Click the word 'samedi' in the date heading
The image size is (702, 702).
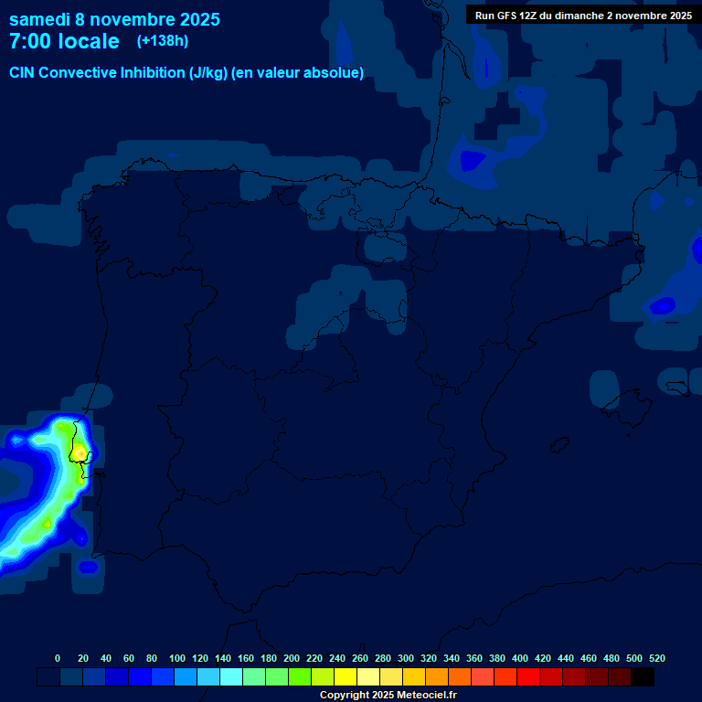click(x=39, y=19)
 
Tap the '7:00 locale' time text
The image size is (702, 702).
click(x=64, y=41)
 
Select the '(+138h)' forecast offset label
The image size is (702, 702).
click(x=163, y=41)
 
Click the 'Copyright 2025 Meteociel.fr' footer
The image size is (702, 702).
click(x=388, y=696)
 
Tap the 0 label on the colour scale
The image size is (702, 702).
click(x=58, y=658)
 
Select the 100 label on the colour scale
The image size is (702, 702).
click(x=177, y=658)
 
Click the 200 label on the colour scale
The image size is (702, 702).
click(x=292, y=658)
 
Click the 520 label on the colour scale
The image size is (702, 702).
click(x=657, y=658)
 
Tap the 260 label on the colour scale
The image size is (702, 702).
click(x=360, y=658)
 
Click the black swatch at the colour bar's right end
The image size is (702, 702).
click(x=643, y=677)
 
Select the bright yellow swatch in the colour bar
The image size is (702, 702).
click(x=346, y=677)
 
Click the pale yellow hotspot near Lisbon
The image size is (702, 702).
click(x=80, y=452)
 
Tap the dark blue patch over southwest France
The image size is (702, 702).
click(x=473, y=161)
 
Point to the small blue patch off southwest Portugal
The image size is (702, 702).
click(x=88, y=567)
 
